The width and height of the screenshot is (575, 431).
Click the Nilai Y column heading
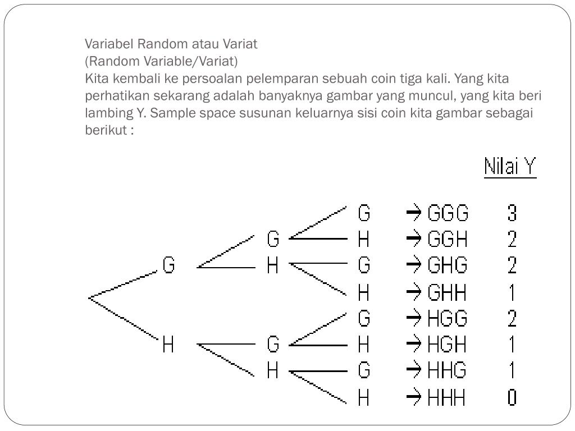point(510,167)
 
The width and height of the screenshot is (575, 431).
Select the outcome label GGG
point(448,214)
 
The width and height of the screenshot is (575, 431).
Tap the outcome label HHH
point(446,398)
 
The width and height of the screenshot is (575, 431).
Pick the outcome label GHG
point(448,264)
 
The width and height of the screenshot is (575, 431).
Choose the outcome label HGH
point(447,344)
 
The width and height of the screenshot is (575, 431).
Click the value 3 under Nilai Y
point(512,214)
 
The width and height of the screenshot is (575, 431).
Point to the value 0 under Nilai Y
point(512,398)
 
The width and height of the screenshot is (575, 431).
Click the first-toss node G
point(168,264)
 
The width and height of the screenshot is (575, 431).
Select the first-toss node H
point(168,344)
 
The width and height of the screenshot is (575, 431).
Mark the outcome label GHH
point(447,292)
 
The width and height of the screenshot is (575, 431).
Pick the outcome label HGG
point(448,319)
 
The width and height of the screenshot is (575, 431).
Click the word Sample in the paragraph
point(170,113)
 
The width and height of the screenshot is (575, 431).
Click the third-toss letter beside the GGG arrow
point(364,214)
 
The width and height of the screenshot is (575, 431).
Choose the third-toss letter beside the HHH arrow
point(364,398)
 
